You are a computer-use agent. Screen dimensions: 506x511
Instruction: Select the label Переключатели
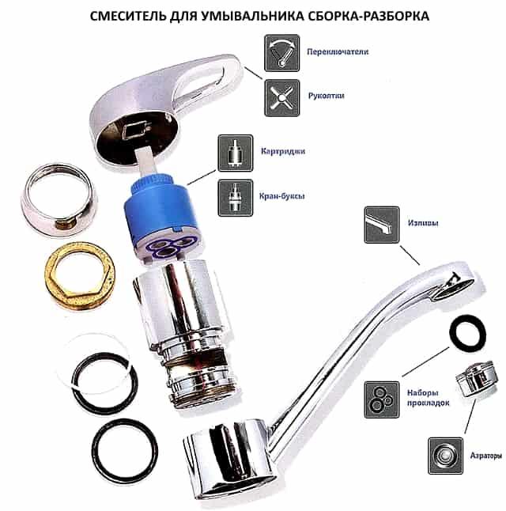(338, 51)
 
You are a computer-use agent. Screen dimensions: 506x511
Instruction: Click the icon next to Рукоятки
(281, 98)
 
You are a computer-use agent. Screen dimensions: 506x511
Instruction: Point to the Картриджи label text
(283, 151)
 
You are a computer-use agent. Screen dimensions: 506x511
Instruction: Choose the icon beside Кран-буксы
(236, 198)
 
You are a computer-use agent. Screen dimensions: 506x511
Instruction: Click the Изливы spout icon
(382, 225)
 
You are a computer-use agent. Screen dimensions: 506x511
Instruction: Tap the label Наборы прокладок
(428, 398)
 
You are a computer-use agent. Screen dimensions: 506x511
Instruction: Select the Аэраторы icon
(445, 456)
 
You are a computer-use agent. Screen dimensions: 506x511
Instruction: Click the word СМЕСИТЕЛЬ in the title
(128, 16)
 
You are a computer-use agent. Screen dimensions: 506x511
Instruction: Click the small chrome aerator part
(476, 378)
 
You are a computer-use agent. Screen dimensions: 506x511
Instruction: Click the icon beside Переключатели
(281, 53)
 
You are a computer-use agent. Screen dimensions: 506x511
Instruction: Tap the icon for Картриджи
(236, 153)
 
